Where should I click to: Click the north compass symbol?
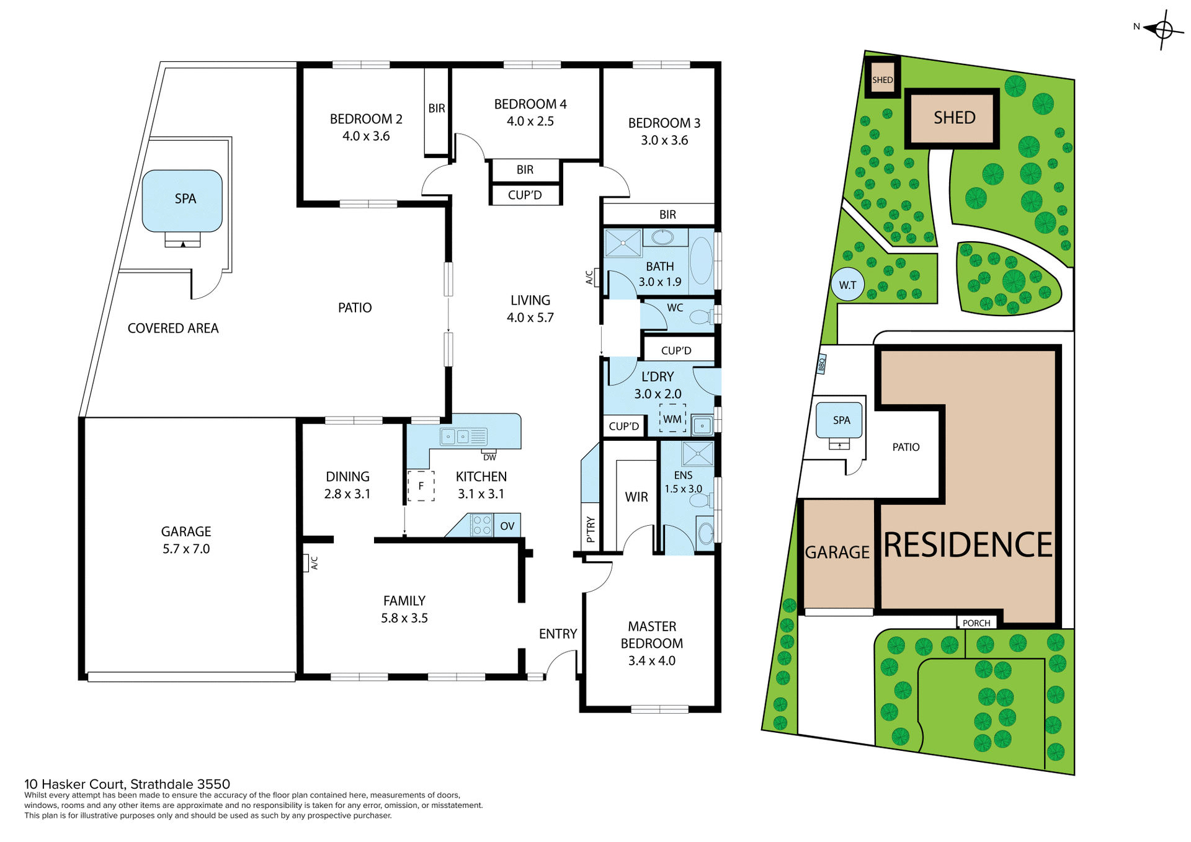coord(1163,29)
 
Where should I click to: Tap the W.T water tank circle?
coord(847,285)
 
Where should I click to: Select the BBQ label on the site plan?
coord(822,364)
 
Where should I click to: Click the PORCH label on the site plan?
coord(976,623)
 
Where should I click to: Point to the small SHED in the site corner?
coord(882,78)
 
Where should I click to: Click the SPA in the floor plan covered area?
coord(182,200)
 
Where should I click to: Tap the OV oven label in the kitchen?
coord(507,526)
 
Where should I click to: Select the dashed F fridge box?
coord(421,485)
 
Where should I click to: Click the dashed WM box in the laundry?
coord(672,419)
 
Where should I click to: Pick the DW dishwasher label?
coord(489,458)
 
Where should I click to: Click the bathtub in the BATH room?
coord(702,261)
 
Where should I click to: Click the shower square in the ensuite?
coord(697,453)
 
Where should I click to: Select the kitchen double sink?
coord(456,437)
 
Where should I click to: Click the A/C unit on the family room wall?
coord(306,562)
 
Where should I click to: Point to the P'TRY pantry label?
coord(591,529)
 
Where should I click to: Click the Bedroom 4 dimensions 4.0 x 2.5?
coord(530,121)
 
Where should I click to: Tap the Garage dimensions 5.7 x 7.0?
coord(186,548)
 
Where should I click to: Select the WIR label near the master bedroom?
coord(636,497)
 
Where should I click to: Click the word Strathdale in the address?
coord(161,784)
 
